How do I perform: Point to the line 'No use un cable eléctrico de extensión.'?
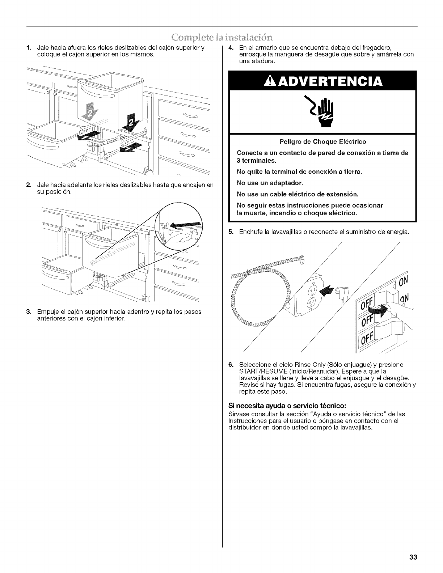[x=297, y=194]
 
